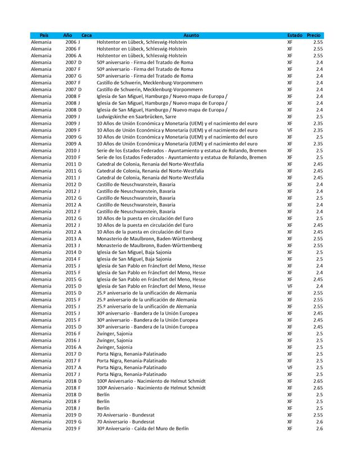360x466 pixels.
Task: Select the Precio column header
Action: pyautogui.click(x=314, y=35)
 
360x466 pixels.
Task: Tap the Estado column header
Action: pyautogui.click(x=295, y=35)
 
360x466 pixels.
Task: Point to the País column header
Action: pyautogui.click(x=44, y=35)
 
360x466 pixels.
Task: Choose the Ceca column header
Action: pyautogui.click(x=87, y=35)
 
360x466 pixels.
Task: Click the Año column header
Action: pyautogui.click(x=67, y=35)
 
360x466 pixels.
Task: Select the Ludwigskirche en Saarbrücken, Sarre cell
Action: pyautogui.click(x=136, y=116)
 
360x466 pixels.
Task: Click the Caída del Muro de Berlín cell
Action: pyautogui.click(x=143, y=429)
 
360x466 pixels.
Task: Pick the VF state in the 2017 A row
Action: pyautogui.click(x=290, y=368)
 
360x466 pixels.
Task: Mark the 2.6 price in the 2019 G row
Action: pyautogui.click(x=319, y=422)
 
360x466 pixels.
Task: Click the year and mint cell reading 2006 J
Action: pyautogui.click(x=73, y=42)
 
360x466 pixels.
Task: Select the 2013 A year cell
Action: pyautogui.click(x=73, y=239)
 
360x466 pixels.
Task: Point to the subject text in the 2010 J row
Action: pyautogui.click(x=182, y=151)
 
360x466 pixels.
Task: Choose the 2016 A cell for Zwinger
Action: pyautogui.click(x=73, y=347)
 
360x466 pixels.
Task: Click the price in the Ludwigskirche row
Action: pyautogui.click(x=319, y=116)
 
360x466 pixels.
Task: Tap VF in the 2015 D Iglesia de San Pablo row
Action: pyautogui.click(x=290, y=286)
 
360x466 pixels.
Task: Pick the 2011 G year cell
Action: pyautogui.click(x=73, y=171)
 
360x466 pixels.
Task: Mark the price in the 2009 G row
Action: pyautogui.click(x=319, y=137)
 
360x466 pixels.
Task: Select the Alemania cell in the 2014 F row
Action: pyautogui.click(x=41, y=259)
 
